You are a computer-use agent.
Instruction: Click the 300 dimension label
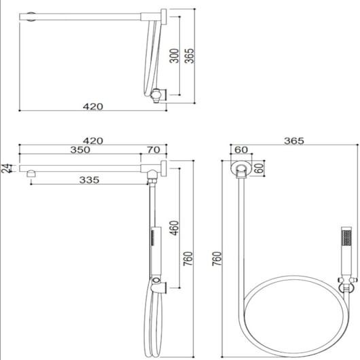tap(174, 56)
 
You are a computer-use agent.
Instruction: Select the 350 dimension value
tap(80, 149)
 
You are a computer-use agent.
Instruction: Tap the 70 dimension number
tap(154, 149)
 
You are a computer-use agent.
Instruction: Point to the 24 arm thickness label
tap(5, 168)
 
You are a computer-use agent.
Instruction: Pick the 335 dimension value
tap(89, 180)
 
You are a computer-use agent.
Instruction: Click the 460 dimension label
tap(174, 228)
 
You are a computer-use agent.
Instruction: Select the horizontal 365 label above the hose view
tap(294, 141)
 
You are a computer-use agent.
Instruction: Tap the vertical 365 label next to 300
tap(190, 56)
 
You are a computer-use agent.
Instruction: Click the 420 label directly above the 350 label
tap(93, 141)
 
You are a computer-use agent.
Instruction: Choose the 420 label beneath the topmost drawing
tap(93, 107)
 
